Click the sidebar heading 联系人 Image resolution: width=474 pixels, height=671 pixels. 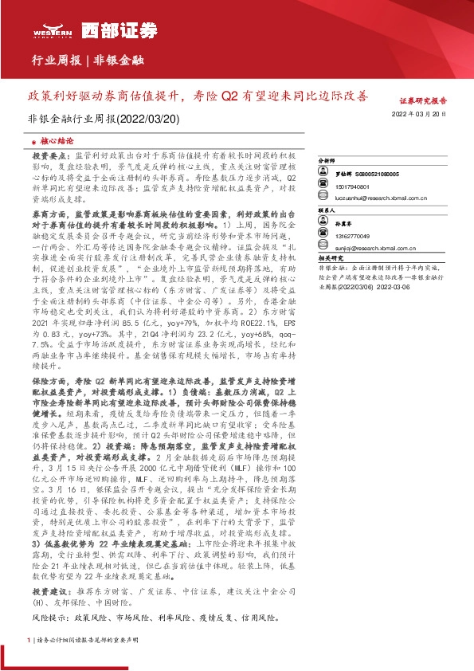tap(327, 211)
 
